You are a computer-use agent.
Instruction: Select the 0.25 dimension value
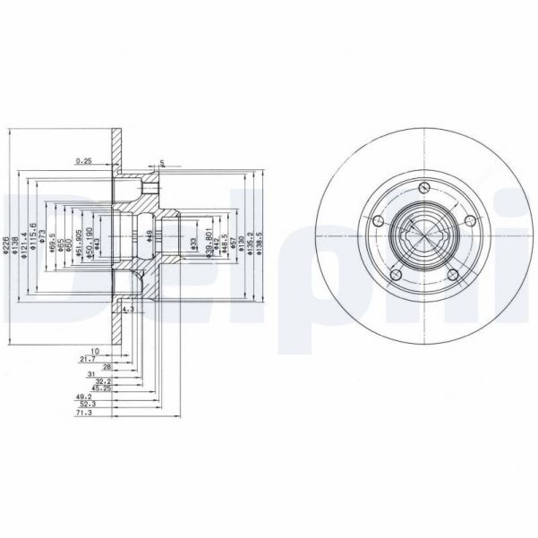coord(84,161)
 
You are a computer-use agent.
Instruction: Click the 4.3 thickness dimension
coord(127,309)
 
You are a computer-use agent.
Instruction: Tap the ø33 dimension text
coord(194,241)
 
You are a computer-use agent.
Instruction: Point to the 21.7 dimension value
coord(88,358)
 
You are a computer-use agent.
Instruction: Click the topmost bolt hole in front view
coord(422,189)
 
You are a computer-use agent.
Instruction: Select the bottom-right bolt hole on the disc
coord(453,273)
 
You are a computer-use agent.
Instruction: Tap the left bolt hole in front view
coord(378,221)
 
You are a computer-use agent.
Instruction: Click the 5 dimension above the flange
coord(162,163)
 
